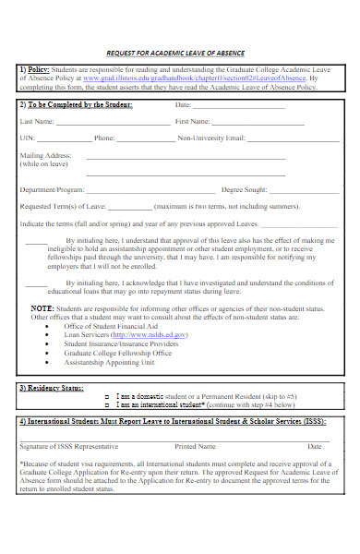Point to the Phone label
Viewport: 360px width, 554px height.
(x=104, y=138)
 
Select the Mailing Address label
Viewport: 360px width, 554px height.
(x=45, y=156)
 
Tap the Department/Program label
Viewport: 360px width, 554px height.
(x=51, y=189)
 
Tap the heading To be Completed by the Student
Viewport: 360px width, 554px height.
(x=78, y=104)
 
